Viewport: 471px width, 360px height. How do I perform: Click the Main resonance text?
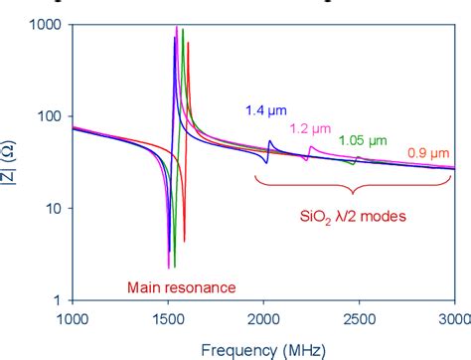coord(181,288)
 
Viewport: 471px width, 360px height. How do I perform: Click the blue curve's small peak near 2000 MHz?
coord(270,141)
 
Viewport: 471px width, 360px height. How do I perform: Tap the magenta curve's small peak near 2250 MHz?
coord(311,148)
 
